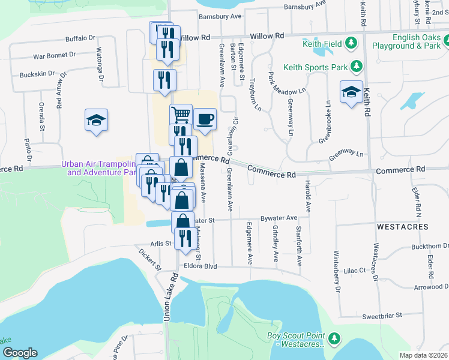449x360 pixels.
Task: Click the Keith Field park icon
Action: pos(352,43)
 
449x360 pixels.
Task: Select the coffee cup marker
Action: pos(205,118)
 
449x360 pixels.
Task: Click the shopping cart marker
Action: pos(181,114)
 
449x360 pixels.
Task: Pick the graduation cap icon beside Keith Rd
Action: pos(351,92)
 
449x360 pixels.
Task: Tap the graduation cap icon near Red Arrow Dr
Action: pos(96,120)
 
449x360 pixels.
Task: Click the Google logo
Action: pos(19,353)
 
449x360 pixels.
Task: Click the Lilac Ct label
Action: pos(355,271)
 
